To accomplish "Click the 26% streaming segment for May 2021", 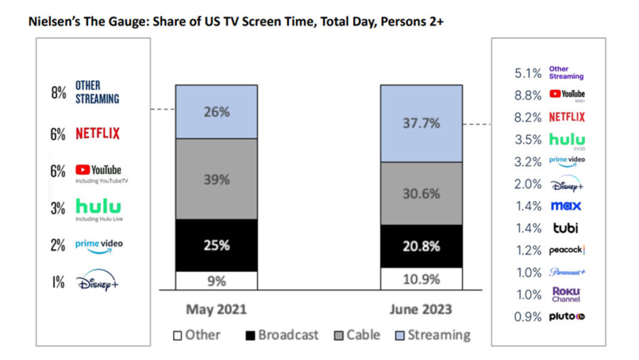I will (x=217, y=111).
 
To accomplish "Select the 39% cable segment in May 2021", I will (x=217, y=179).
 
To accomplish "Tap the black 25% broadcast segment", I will (x=217, y=245).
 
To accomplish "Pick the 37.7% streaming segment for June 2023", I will (x=421, y=124).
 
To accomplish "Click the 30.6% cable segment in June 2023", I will (x=421, y=193).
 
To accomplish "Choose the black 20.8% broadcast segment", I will (x=421, y=246).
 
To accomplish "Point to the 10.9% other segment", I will (x=421, y=279).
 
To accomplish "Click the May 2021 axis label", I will (x=217, y=310).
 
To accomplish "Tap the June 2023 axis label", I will (x=421, y=310).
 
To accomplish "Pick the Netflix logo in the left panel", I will (x=97, y=133).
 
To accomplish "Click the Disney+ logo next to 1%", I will (x=99, y=281).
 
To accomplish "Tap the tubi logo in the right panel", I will (x=567, y=228).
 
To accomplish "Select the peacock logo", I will (x=566, y=250).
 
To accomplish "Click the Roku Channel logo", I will (x=567, y=295).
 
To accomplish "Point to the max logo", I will (x=566, y=206).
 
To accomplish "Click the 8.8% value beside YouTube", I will (x=528, y=95).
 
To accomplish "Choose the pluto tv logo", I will (x=567, y=317).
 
